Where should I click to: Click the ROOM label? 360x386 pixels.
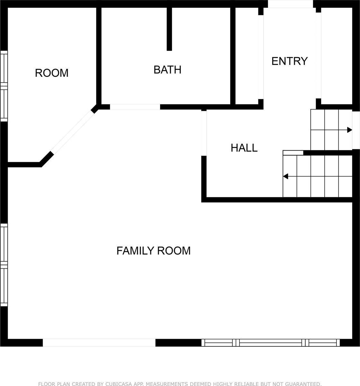click(52, 73)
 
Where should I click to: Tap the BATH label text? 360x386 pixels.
click(167, 69)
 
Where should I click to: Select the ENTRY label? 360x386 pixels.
click(289, 61)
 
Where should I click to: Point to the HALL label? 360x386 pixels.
click(244, 148)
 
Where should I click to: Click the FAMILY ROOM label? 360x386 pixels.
click(153, 251)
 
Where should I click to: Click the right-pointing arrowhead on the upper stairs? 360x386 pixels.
click(350, 130)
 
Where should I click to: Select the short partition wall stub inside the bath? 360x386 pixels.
click(169, 29)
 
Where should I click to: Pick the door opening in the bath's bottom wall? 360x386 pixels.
click(135, 107)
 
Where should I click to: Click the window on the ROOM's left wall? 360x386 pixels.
click(4, 86)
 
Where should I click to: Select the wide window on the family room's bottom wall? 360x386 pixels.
click(271, 343)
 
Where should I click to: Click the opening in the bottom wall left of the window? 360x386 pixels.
click(99, 343)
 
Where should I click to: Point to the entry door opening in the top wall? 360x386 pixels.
click(290, 4)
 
